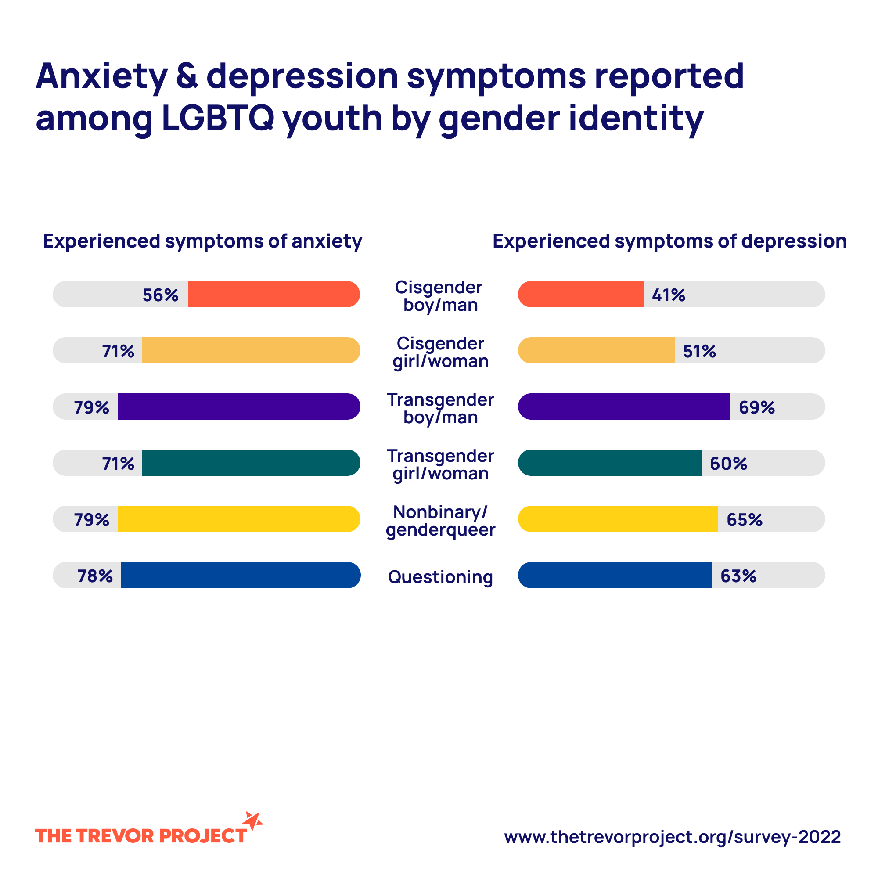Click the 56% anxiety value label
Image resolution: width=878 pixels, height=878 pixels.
(160, 295)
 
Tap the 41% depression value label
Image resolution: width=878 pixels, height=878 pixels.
(668, 295)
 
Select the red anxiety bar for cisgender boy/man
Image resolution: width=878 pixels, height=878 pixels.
(273, 294)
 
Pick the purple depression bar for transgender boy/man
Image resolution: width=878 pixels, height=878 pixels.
(624, 406)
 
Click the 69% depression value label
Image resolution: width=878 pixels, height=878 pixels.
(756, 408)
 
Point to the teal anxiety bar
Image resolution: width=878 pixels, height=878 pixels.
(251, 463)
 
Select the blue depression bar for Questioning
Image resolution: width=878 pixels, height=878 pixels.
(615, 575)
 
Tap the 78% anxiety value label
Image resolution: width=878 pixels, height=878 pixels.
(95, 576)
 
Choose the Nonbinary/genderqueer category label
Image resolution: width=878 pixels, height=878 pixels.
(440, 521)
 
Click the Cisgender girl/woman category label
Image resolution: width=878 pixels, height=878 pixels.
(440, 352)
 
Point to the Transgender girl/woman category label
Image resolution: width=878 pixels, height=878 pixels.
(440, 464)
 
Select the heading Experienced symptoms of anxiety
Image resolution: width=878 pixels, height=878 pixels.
(202, 241)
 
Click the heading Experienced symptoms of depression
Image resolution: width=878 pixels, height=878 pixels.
(669, 241)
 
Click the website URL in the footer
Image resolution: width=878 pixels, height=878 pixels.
(672, 837)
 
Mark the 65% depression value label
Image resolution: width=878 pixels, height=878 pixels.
(744, 520)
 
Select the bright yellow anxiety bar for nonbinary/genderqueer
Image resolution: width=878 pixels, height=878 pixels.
(238, 518)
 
